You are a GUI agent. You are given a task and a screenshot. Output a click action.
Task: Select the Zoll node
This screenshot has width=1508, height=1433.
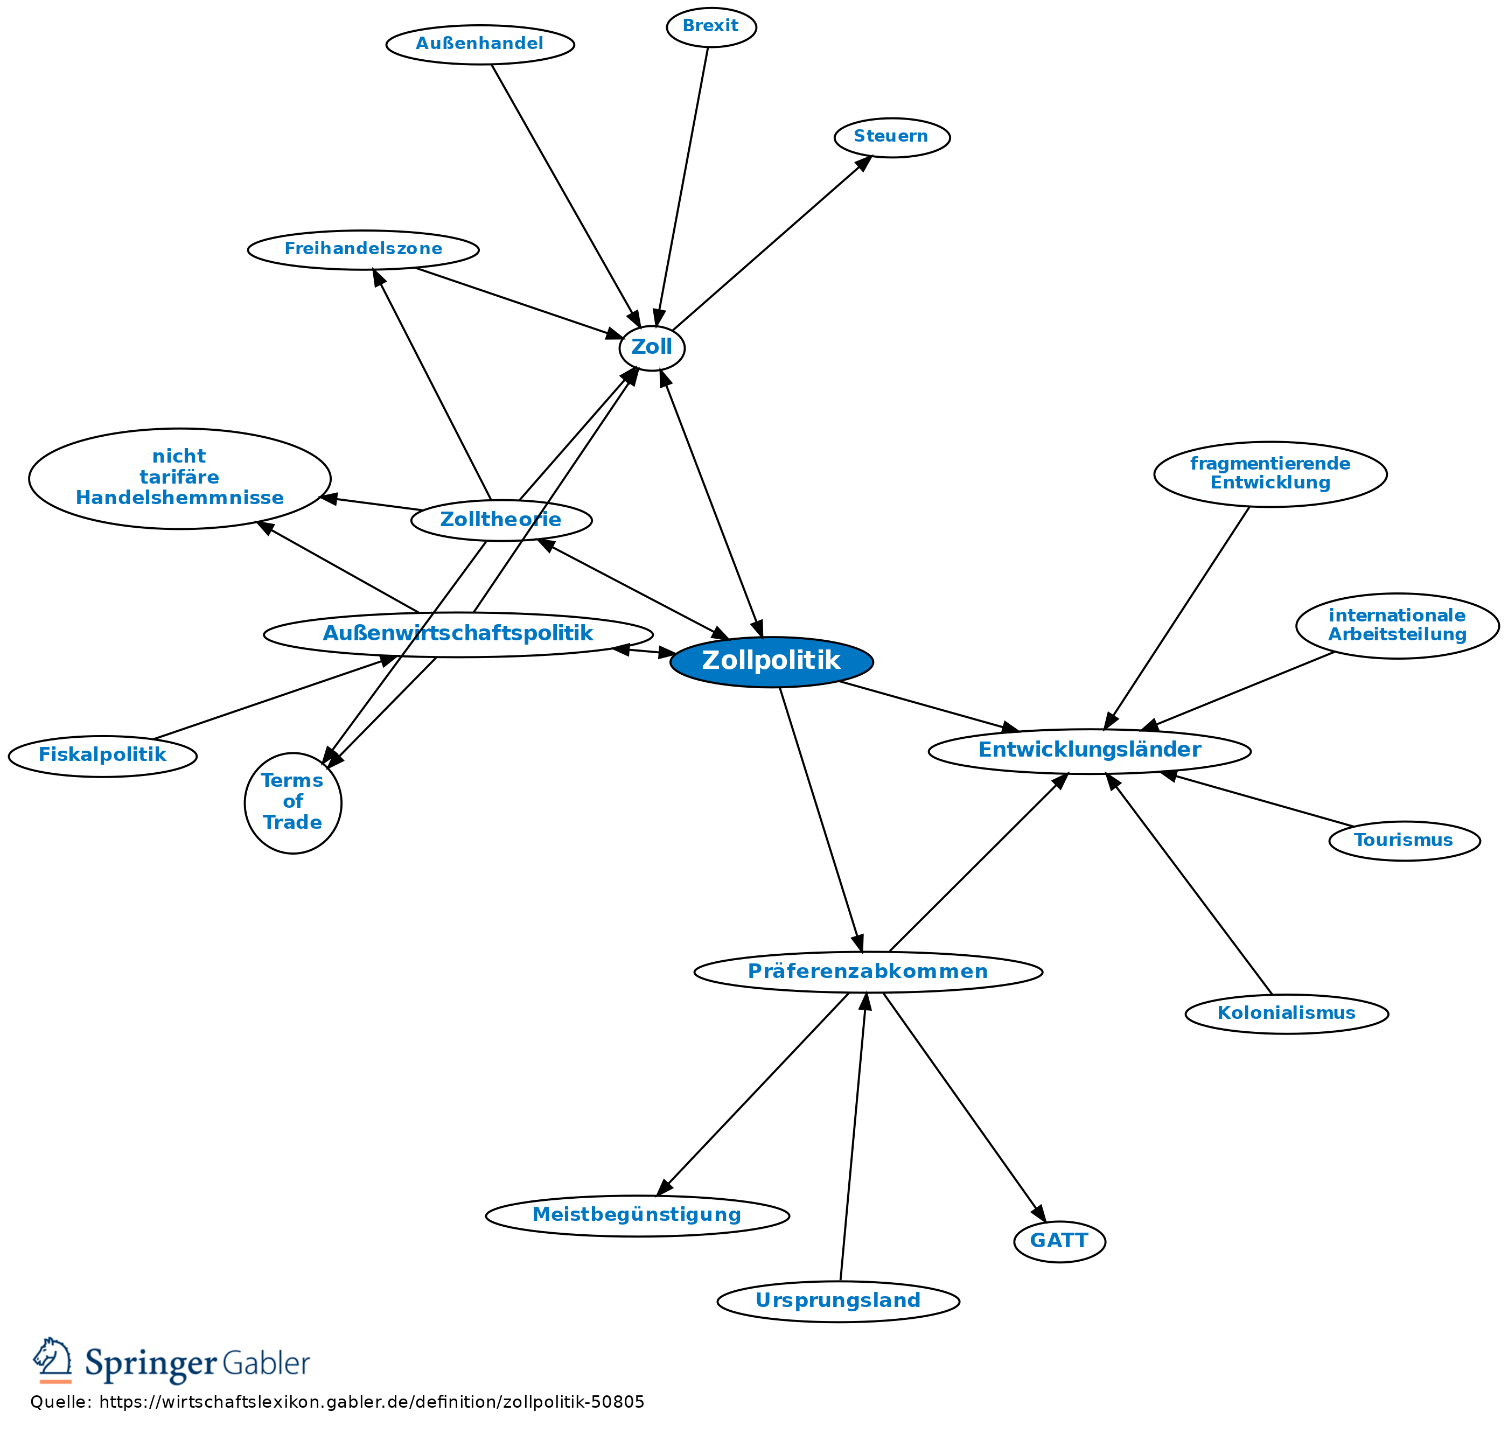tap(652, 347)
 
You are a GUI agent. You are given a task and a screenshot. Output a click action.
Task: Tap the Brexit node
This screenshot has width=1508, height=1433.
tap(710, 27)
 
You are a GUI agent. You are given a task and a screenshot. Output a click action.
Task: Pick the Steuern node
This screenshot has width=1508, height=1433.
tap(891, 137)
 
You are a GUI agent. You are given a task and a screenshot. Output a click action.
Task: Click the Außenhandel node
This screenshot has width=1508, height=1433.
tap(480, 44)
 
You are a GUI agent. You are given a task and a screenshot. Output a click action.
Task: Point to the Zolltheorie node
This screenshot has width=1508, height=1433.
tap(500, 520)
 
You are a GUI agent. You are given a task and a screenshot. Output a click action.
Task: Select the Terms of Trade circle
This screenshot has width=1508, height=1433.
tap(292, 802)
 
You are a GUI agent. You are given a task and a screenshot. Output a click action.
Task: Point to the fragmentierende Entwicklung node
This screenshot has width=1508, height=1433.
tap(1269, 473)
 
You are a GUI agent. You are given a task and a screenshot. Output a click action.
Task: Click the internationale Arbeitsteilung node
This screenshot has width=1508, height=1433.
tap(1397, 626)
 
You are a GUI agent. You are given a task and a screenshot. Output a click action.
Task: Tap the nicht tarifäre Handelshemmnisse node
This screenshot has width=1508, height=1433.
tap(179, 478)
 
